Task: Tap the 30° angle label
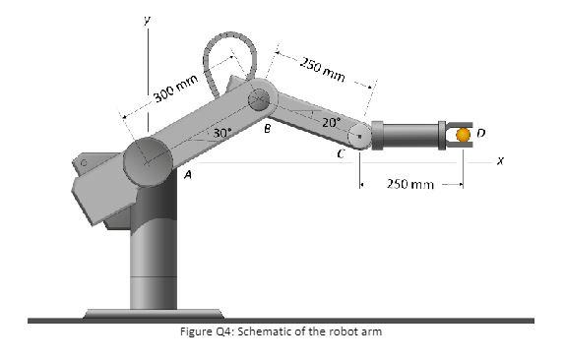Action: [x=222, y=132]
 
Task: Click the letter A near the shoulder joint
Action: [x=186, y=173]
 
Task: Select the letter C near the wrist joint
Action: [x=340, y=153]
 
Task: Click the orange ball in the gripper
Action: [x=463, y=135]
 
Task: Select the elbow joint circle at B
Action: [x=260, y=99]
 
